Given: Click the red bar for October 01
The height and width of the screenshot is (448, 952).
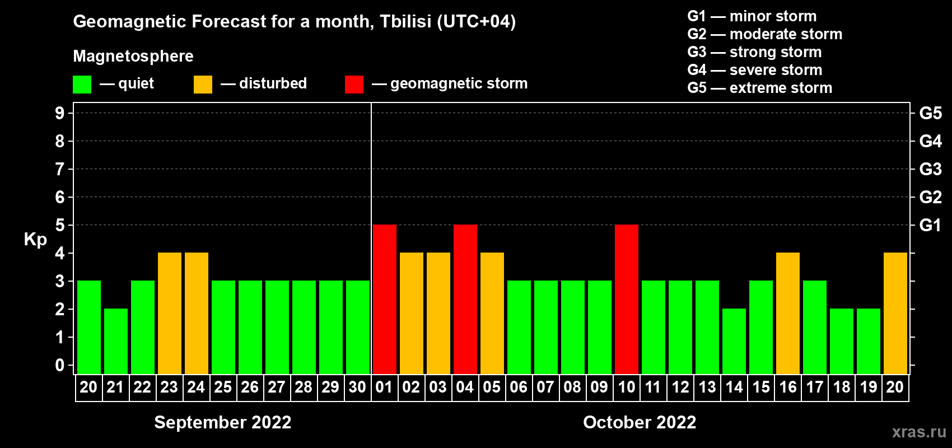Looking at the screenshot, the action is point(385,299).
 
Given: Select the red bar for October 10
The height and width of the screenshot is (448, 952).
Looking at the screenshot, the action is point(627,299).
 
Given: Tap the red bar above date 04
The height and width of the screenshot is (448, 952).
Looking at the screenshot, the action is point(465,299).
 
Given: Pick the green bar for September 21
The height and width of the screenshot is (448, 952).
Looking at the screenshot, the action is point(115,341).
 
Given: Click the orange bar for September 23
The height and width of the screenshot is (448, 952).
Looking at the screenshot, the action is point(170,313).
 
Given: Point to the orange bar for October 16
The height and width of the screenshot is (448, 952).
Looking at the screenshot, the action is point(788,313).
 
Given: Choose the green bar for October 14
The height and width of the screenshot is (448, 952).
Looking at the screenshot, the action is point(734,341).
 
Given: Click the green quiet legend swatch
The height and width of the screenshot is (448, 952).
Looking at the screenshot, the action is point(82,84).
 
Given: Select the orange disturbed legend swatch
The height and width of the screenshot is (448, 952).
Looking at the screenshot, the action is point(203,84).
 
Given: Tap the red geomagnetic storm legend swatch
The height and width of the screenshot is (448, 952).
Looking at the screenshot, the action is point(354,84).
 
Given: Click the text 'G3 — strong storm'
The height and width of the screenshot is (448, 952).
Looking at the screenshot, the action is point(754,52).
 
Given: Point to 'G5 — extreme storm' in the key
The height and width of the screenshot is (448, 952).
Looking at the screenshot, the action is point(759,88).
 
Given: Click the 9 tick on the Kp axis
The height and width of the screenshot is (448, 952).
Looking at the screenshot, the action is point(59,113).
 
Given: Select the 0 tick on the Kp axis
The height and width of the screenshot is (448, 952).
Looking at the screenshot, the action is point(59,365).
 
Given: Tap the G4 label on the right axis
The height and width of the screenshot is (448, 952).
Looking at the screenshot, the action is point(930,141).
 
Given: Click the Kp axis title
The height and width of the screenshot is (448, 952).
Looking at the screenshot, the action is point(35,239).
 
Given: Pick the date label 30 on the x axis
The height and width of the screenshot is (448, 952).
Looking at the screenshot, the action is point(357,387).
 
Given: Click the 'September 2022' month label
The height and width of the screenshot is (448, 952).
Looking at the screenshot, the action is point(223,422).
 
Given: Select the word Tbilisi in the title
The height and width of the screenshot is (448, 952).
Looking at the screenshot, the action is point(405,21).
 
